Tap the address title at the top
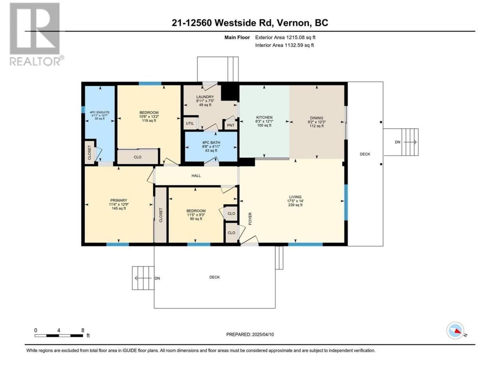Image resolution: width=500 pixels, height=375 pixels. pyautogui.click(x=250, y=23)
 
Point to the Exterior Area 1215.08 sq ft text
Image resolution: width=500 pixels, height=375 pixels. pyautogui.click(x=285, y=37)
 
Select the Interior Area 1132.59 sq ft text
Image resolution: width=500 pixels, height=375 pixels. pyautogui.click(x=284, y=45)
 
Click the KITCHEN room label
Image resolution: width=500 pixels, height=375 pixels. pyautogui.click(x=264, y=118)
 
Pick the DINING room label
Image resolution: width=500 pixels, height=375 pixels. pyautogui.click(x=317, y=118)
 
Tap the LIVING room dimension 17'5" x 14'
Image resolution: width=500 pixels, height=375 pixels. pyautogui.click(x=295, y=201)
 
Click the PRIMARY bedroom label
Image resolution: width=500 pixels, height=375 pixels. pyautogui.click(x=119, y=200)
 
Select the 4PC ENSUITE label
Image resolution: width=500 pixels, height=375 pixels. pyautogui.click(x=100, y=112)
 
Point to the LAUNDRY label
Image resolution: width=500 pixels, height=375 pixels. pyautogui.click(x=205, y=97)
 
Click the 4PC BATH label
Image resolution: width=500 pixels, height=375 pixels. pyautogui.click(x=211, y=143)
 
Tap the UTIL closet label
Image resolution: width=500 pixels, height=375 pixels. pyautogui.click(x=190, y=123)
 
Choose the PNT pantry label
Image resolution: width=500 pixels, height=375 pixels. pyautogui.click(x=231, y=125)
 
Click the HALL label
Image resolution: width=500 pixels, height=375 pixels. pyautogui.click(x=196, y=176)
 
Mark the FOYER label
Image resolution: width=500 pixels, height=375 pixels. pyautogui.click(x=250, y=219)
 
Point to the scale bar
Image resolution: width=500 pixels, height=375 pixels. pyautogui.click(x=59, y=336)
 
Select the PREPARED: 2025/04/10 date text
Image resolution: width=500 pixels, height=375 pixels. pyautogui.click(x=250, y=334)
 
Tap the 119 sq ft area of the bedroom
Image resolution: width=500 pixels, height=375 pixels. pyautogui.click(x=149, y=120)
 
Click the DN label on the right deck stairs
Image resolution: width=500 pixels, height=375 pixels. pyautogui.click(x=398, y=142)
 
